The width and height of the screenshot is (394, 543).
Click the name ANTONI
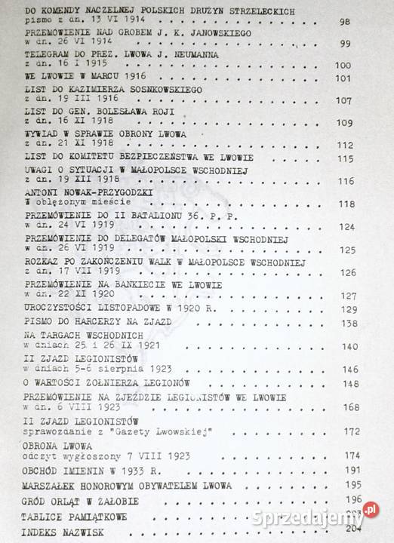coord(42,192)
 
